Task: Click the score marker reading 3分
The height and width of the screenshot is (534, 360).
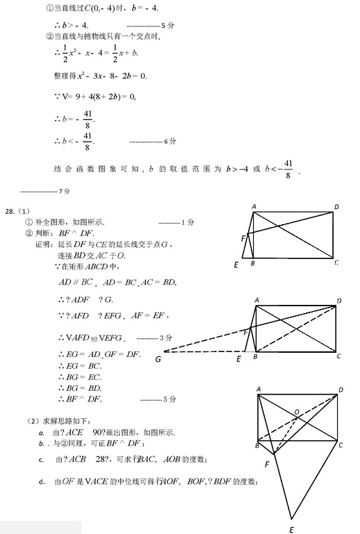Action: [x=167, y=337]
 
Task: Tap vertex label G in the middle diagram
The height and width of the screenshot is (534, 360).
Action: [x=158, y=359]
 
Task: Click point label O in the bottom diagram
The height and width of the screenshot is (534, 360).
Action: [x=297, y=412]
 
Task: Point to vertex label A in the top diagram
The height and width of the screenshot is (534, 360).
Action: [x=254, y=206]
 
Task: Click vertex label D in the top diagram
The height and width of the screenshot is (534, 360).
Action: [x=336, y=206]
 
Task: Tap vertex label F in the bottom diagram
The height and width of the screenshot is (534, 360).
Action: [x=267, y=463]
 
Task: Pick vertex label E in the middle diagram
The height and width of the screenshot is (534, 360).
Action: [x=238, y=359]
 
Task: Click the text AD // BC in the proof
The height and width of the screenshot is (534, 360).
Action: [x=76, y=282]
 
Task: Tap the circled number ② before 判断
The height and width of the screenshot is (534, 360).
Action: [x=28, y=233]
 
